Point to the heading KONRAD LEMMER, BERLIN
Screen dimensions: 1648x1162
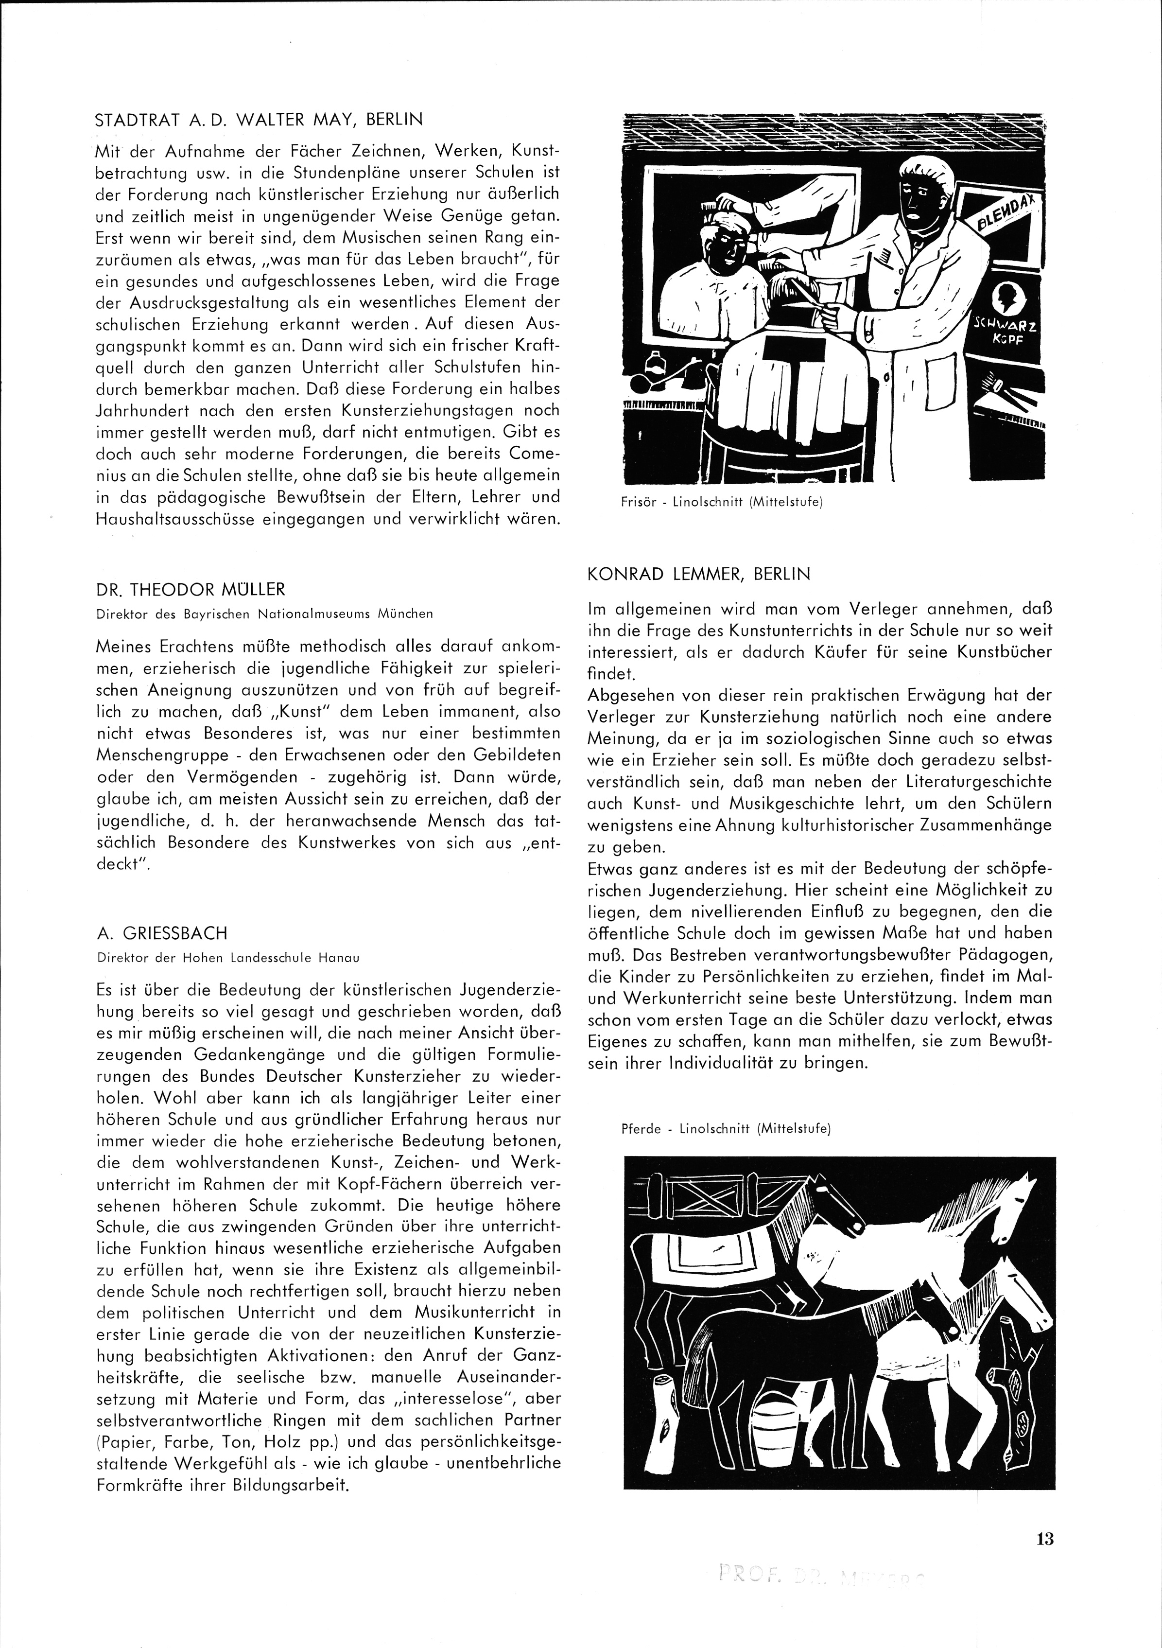(698, 574)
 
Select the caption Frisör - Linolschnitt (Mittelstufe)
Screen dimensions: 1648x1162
(721, 503)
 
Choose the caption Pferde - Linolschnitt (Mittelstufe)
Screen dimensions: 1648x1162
(726, 1128)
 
